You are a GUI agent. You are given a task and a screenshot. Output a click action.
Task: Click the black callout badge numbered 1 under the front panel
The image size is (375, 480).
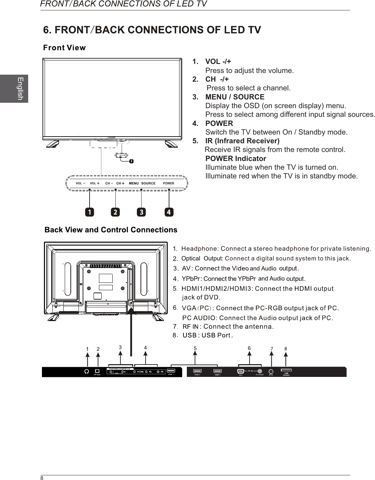[89, 212]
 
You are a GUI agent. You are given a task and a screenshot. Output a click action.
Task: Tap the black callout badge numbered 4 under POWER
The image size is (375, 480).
[169, 212]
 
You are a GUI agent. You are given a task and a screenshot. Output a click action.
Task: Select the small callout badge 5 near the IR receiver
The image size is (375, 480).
[131, 161]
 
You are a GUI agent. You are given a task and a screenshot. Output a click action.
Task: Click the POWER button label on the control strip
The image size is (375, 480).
[168, 183]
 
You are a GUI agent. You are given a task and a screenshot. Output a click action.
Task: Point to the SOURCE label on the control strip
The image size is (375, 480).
[148, 183]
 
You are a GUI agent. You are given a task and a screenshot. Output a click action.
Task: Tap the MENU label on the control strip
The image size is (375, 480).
[133, 183]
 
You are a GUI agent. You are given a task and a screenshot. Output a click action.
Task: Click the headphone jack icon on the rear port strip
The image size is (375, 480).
[87, 371]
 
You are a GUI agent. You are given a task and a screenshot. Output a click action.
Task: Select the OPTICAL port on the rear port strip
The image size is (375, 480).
[98, 371]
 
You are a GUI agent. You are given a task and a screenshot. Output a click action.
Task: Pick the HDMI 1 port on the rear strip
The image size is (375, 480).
[171, 371]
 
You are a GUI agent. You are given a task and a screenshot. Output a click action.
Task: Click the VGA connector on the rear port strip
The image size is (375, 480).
[240, 371]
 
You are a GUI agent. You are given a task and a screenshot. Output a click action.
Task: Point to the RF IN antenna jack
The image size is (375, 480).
[271, 371]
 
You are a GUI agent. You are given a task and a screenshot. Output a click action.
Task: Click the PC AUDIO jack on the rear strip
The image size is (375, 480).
[260, 371]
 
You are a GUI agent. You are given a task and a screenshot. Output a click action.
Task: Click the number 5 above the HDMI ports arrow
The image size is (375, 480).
[195, 348]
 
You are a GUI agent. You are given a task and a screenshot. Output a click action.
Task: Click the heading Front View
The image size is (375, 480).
[64, 48]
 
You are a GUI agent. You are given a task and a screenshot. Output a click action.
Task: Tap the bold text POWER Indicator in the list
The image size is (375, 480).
[235, 158]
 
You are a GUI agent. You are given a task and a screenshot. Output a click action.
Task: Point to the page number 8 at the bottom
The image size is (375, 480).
[42, 478]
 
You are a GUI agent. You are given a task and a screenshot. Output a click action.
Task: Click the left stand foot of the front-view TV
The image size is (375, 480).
[53, 144]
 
